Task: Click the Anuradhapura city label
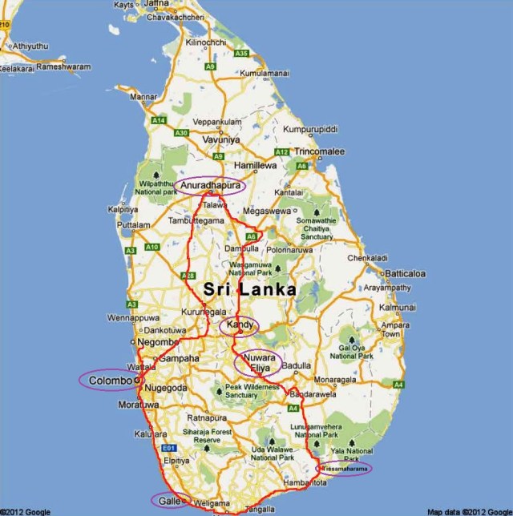coord(208,186)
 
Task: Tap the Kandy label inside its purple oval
coord(240,325)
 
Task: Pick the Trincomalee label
coord(319,151)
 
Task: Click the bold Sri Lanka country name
coord(249,289)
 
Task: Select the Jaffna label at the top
coord(156,4)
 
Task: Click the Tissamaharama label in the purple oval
coord(345,468)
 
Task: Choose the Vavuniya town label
coord(221,139)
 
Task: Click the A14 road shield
coord(159,120)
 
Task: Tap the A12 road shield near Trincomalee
coord(281,152)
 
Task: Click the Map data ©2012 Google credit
coord(468,511)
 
